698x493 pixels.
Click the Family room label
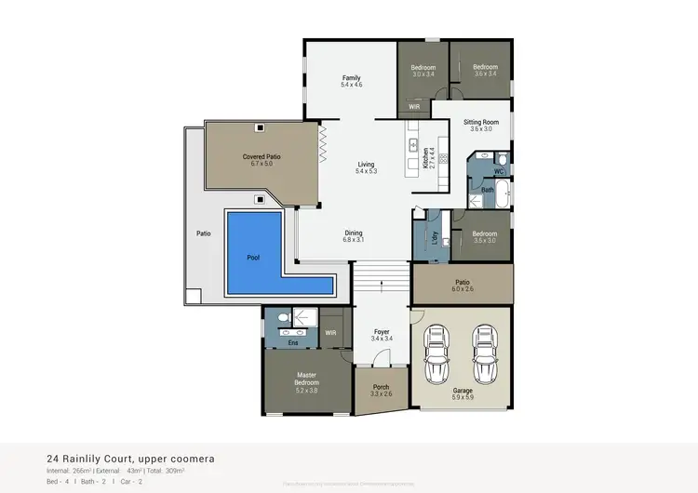point(351,77)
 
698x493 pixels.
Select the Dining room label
point(353,233)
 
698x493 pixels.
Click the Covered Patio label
point(262,157)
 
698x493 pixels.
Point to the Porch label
point(381,387)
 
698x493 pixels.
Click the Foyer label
point(381,332)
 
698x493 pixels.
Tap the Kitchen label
point(426,155)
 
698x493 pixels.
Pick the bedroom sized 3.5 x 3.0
point(484,237)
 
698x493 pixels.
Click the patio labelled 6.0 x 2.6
point(463,285)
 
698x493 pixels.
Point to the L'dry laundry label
point(434,237)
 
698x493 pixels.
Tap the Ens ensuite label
point(292,343)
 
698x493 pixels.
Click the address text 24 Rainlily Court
point(99,458)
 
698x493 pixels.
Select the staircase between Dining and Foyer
point(381,277)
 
